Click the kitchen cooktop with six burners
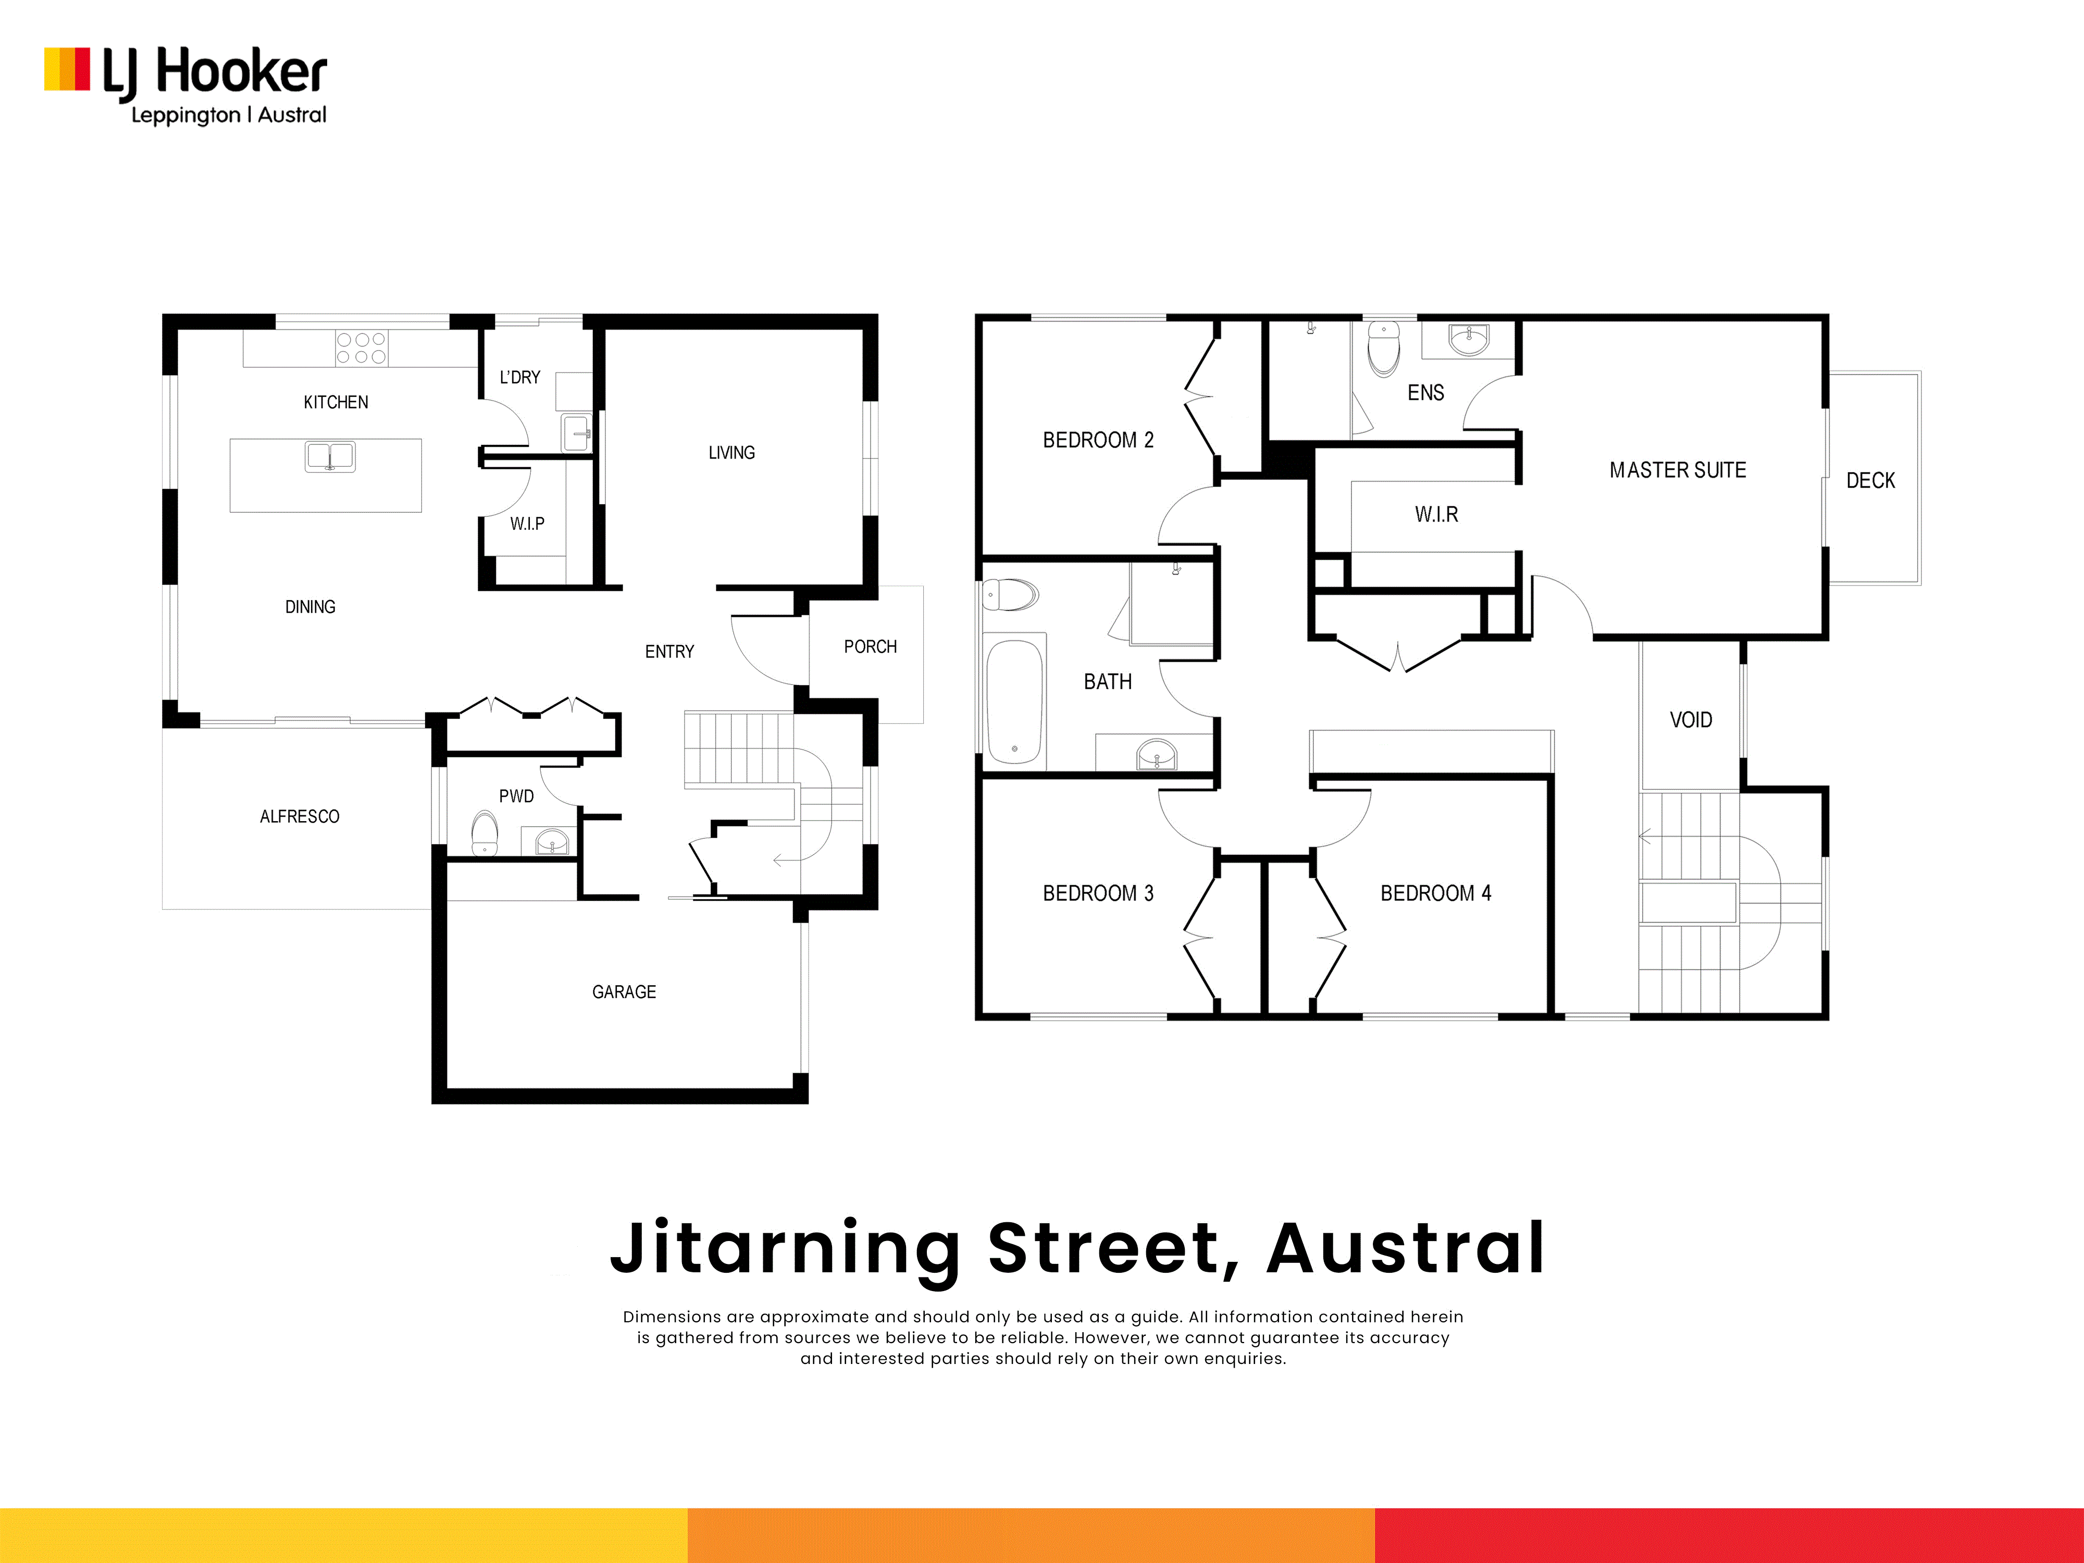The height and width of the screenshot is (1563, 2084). [x=362, y=348]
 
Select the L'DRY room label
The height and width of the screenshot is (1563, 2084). [x=520, y=377]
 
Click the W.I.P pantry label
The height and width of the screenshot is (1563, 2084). [x=528, y=524]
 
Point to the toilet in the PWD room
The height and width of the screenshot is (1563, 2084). [x=484, y=834]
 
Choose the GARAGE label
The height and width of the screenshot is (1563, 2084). [x=624, y=992]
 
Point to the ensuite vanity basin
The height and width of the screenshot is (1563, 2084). [x=1469, y=340]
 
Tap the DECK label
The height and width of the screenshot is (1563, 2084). [x=1871, y=480]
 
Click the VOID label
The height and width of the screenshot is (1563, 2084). [x=1691, y=720]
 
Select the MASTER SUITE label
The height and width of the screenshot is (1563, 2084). [x=1678, y=470]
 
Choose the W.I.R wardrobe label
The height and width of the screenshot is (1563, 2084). [x=1437, y=514]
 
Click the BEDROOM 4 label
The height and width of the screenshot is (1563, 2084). [x=1436, y=893]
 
